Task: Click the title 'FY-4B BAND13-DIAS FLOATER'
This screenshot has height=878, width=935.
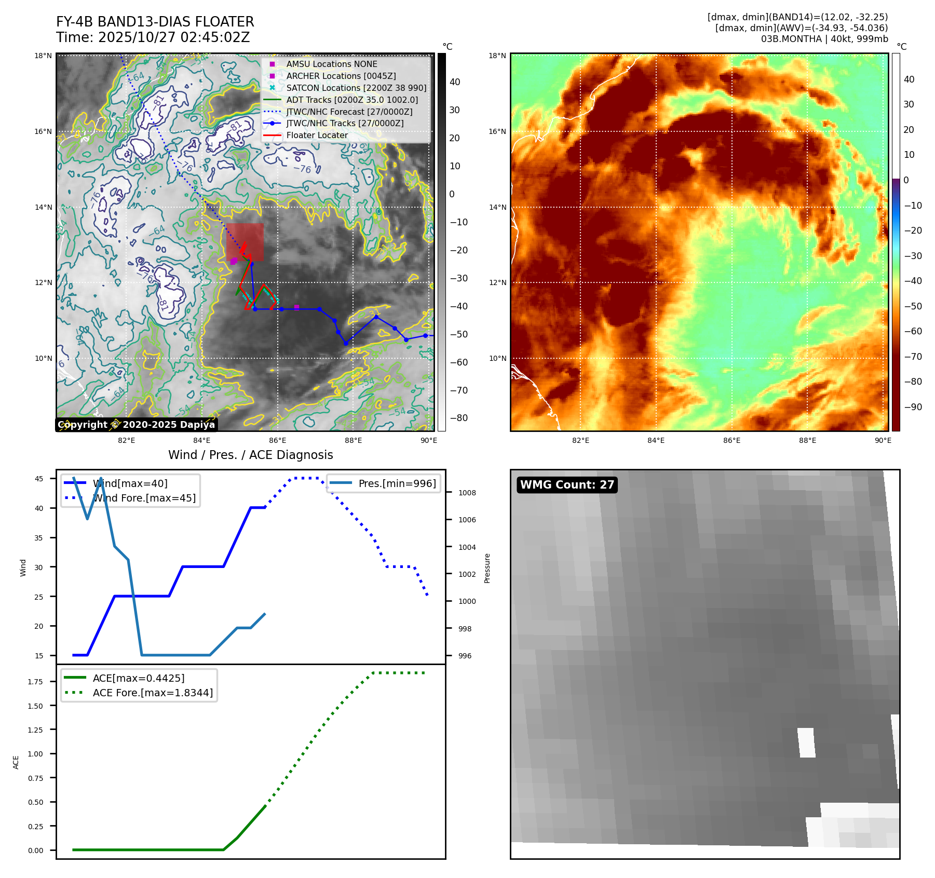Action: point(155,22)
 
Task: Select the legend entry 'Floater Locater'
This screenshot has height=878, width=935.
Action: point(317,136)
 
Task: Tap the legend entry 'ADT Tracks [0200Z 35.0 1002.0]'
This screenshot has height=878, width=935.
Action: point(351,100)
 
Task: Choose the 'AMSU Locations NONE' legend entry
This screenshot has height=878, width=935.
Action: point(331,64)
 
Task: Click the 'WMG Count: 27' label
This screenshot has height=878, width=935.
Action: point(567,485)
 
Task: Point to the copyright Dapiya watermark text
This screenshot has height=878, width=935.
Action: point(136,425)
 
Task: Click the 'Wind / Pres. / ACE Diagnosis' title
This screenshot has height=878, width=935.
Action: point(250,455)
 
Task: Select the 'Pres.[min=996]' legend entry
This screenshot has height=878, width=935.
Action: point(397,483)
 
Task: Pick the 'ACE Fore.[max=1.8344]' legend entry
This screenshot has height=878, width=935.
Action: point(153,693)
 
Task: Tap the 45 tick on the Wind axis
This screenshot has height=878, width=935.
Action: point(39,479)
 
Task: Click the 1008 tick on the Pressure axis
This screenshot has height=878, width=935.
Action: point(467,493)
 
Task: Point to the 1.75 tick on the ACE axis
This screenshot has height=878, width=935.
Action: point(35,682)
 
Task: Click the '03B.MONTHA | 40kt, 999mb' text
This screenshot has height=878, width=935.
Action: point(824,39)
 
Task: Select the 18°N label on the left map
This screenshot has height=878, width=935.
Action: point(43,56)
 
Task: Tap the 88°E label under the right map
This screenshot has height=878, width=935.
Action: point(807,440)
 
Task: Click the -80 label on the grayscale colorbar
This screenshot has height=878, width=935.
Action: point(458,418)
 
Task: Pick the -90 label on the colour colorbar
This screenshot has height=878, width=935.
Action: point(913,407)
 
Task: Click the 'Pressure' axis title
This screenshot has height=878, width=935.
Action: point(487,568)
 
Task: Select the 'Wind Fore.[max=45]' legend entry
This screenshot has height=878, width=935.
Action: point(144,498)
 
